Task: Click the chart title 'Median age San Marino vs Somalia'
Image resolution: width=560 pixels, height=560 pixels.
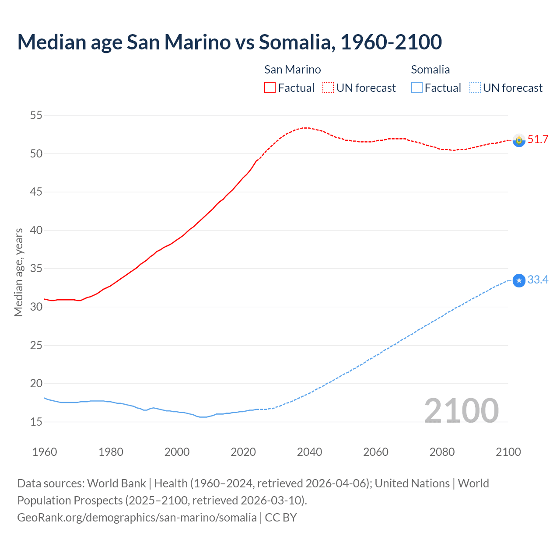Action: tap(229, 42)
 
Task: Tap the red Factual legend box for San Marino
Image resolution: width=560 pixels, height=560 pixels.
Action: tap(270, 87)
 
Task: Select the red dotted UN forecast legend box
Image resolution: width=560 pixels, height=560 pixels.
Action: tap(328, 87)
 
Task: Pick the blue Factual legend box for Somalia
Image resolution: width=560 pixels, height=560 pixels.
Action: tap(416, 87)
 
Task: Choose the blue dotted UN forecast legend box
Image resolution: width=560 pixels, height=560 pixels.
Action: tap(475, 87)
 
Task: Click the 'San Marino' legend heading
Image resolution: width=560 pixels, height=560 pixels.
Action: tap(292, 70)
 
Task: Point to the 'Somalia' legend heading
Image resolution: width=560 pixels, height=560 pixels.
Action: tap(430, 70)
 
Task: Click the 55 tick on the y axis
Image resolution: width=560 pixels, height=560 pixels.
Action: tap(36, 115)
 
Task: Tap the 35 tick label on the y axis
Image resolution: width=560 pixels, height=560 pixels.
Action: tap(36, 269)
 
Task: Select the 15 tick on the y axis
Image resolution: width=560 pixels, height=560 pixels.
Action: tap(36, 422)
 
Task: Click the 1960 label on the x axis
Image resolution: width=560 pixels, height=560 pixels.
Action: tap(45, 452)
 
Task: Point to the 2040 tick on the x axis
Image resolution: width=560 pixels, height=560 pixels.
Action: tap(309, 452)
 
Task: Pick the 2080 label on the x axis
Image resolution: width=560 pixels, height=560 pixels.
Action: tap(442, 452)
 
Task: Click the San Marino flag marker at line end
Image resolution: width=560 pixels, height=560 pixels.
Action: tap(519, 140)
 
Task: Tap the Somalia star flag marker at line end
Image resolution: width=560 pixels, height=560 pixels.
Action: tap(519, 280)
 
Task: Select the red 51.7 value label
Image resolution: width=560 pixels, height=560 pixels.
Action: tap(538, 140)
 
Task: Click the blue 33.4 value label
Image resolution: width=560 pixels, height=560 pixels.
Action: tap(538, 280)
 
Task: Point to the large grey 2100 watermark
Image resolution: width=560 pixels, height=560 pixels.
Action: tap(461, 410)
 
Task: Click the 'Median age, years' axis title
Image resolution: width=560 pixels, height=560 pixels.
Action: tap(18, 272)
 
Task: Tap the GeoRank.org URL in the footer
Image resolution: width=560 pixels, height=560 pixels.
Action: tap(136, 517)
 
